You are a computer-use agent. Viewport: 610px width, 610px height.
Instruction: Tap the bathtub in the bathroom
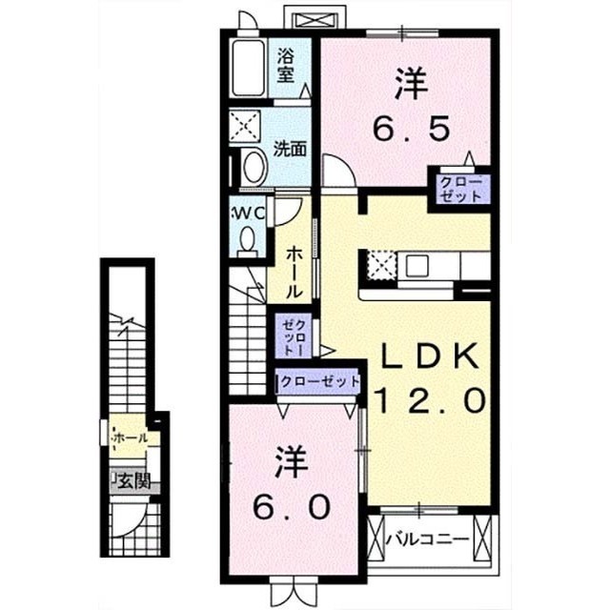coord(248,68)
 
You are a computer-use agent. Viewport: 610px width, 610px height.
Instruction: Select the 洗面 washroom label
coord(290,149)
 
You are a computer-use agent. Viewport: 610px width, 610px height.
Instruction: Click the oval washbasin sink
coord(254,168)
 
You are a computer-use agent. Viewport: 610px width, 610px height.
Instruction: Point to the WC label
coord(248,213)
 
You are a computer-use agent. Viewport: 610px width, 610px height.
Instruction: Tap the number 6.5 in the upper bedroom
coord(411,127)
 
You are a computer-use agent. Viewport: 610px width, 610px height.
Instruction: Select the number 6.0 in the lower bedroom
coord(292,506)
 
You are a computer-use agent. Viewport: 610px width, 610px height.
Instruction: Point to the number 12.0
coord(430,400)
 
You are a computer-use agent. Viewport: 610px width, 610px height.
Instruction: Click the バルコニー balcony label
coord(427,540)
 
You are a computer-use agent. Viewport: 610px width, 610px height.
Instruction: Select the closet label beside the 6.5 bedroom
coord(460,189)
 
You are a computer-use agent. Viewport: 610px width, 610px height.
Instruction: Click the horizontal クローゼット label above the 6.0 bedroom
coord(319,381)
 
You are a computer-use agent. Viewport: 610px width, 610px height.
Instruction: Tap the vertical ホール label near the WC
coord(295,274)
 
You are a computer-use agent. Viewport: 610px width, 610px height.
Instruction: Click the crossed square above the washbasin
coord(245,125)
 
